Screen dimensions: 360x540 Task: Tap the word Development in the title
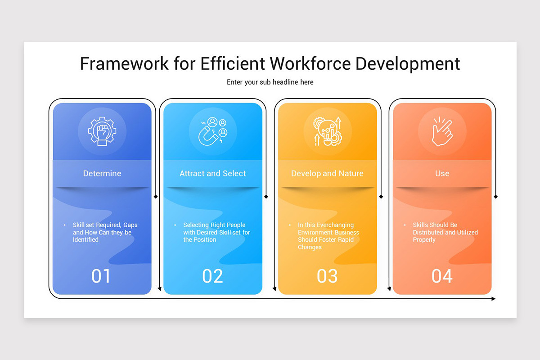(x=408, y=64)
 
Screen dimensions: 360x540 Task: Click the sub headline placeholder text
(x=270, y=82)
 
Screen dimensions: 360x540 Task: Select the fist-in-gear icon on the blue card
(x=102, y=131)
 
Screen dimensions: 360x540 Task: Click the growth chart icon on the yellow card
(x=328, y=131)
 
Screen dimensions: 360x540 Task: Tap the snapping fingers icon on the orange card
(x=442, y=131)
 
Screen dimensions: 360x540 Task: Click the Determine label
(x=102, y=173)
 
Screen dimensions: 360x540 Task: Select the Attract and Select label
(x=213, y=173)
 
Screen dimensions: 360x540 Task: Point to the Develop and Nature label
(x=327, y=173)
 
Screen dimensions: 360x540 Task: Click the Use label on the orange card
(x=442, y=173)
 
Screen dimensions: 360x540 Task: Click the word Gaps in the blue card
(x=130, y=225)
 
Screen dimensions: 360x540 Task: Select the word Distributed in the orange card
(x=428, y=233)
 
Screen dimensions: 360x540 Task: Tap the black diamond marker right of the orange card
(x=495, y=197)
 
